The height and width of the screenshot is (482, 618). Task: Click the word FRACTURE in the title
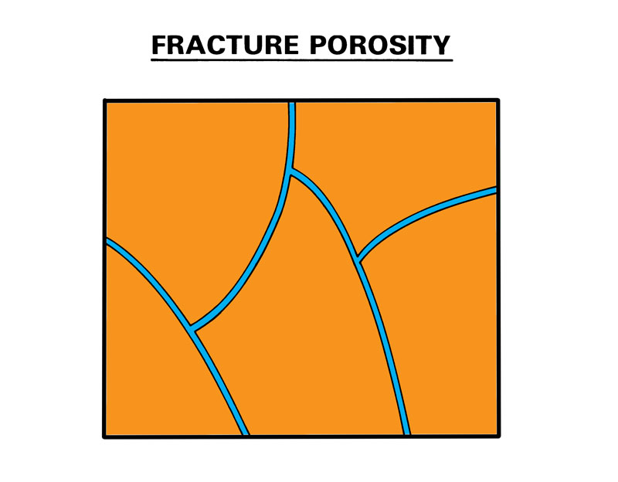point(226,45)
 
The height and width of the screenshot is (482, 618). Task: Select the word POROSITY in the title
point(380,45)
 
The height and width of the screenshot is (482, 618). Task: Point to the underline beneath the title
point(301,60)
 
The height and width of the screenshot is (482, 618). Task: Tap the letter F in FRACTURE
point(159,45)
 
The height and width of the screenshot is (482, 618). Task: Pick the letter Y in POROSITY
point(441,45)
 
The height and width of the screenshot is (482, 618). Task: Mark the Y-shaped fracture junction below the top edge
point(291,171)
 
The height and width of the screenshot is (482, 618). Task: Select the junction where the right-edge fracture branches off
point(358,260)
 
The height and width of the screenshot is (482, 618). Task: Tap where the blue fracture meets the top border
point(292,103)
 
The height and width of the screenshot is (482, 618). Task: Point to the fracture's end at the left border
point(107,241)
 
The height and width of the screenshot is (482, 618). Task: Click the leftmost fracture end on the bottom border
point(245,434)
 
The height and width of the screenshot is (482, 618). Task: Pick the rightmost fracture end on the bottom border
point(406,434)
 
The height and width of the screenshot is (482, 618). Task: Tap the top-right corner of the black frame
point(497,100)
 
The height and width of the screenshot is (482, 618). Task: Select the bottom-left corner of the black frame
point(105,436)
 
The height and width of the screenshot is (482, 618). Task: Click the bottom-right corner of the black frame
point(498,436)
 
